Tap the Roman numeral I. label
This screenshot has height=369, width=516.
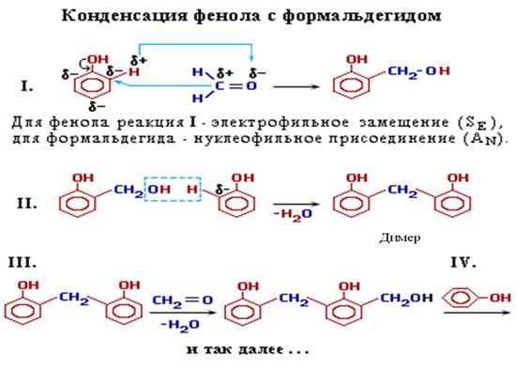[26, 86]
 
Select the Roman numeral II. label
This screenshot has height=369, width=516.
[26, 204]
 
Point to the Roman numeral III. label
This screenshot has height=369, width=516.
[23, 263]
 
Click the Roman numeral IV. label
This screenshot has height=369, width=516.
[463, 263]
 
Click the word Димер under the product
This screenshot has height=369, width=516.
[400, 238]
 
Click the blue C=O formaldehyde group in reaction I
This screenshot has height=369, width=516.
[235, 86]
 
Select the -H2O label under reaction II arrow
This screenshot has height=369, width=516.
[292, 214]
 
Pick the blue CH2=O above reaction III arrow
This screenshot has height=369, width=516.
[182, 300]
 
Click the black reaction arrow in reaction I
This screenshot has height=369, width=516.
[296, 87]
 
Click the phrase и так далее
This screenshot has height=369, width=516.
[248, 349]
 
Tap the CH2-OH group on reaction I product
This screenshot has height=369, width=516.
[418, 71]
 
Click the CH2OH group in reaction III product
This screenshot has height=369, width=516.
[406, 299]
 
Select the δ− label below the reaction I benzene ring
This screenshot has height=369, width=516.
[97, 106]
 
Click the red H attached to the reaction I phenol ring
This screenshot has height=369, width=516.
[134, 71]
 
